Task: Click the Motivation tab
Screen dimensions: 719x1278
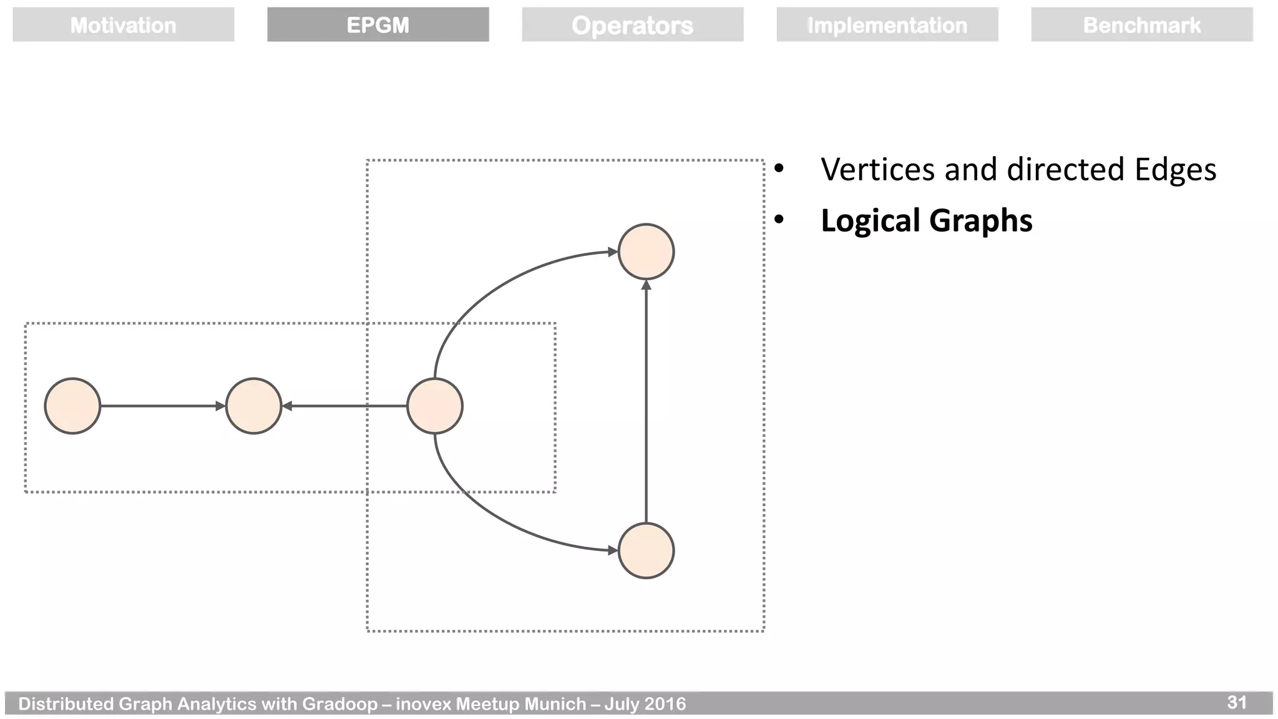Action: pos(123,25)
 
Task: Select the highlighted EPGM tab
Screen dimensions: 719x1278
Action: pos(378,25)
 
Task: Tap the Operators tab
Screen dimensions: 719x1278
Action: pos(632,25)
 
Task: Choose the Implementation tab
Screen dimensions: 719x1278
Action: pos(887,25)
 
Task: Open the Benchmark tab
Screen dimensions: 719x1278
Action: pos(1141,25)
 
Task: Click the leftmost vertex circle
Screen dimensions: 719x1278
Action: pos(72,406)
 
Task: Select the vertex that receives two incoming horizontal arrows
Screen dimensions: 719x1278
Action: pos(253,406)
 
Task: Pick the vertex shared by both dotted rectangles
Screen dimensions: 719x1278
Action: pos(434,406)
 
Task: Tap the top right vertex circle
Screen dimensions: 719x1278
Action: pos(646,252)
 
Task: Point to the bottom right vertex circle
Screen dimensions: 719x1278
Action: pos(646,550)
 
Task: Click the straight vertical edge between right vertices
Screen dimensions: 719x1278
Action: pos(646,399)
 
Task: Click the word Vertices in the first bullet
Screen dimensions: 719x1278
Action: pos(877,169)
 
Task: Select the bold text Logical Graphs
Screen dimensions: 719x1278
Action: pos(926,220)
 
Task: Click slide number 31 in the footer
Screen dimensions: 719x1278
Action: pos(1236,702)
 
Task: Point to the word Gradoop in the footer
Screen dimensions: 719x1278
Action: pos(339,704)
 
